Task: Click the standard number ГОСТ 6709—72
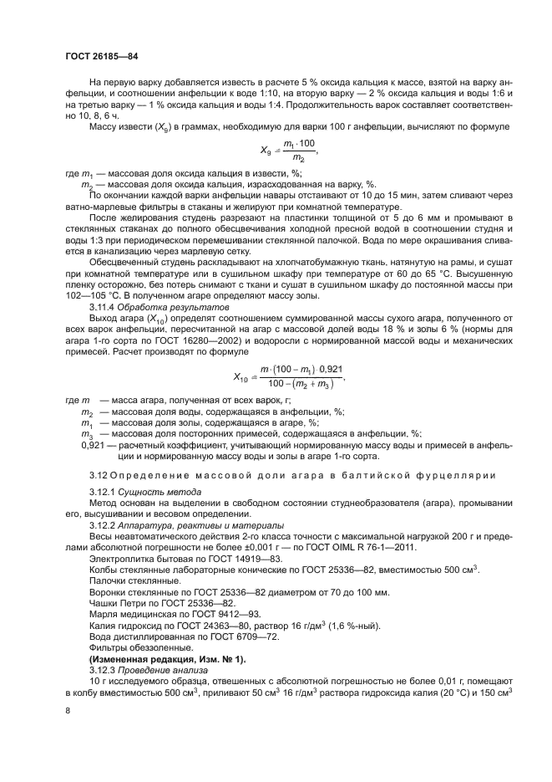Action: pyautogui.click(x=210, y=637)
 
